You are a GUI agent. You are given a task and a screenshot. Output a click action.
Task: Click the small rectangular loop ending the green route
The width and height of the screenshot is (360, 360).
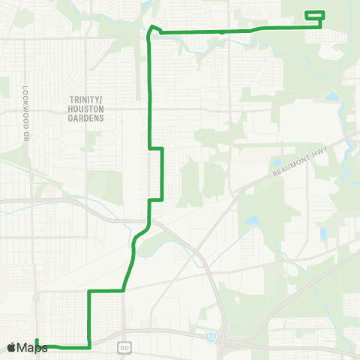click(314, 15)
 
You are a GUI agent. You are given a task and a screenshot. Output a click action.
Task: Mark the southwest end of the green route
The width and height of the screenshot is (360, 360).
click(36, 341)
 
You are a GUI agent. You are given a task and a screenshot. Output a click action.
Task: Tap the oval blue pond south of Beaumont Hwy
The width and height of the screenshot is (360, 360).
click(252, 222)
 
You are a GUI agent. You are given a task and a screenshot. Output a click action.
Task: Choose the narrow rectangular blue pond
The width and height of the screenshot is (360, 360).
click(323, 233)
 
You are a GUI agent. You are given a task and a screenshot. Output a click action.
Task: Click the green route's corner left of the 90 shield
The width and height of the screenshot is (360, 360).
click(90, 346)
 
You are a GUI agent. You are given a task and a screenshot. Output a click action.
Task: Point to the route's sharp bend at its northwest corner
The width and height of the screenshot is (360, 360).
click(151, 28)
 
